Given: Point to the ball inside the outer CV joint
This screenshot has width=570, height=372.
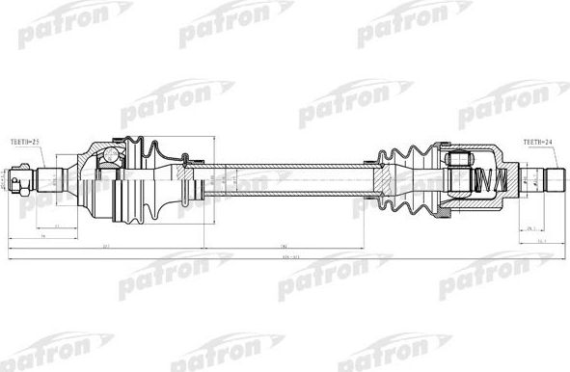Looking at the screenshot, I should [112, 154].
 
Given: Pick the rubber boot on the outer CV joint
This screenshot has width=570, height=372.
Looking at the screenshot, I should [145, 178].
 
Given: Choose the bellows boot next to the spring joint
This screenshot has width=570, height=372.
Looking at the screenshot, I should [407, 178].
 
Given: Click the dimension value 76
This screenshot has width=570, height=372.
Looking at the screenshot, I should [44, 236].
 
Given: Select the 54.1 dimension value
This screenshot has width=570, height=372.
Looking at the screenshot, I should [541, 242].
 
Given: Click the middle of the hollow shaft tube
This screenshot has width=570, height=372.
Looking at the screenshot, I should [289, 179].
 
